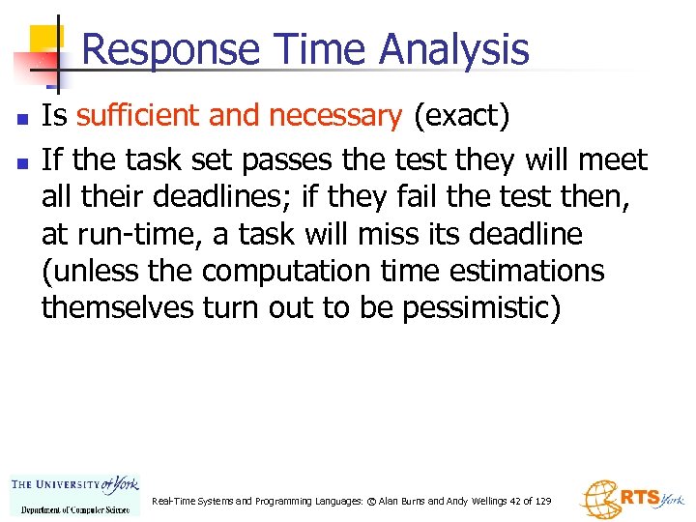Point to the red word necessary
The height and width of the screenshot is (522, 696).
click(335, 117)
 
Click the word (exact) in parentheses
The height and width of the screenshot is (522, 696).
click(461, 117)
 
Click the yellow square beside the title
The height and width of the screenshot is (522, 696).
click(46, 41)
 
